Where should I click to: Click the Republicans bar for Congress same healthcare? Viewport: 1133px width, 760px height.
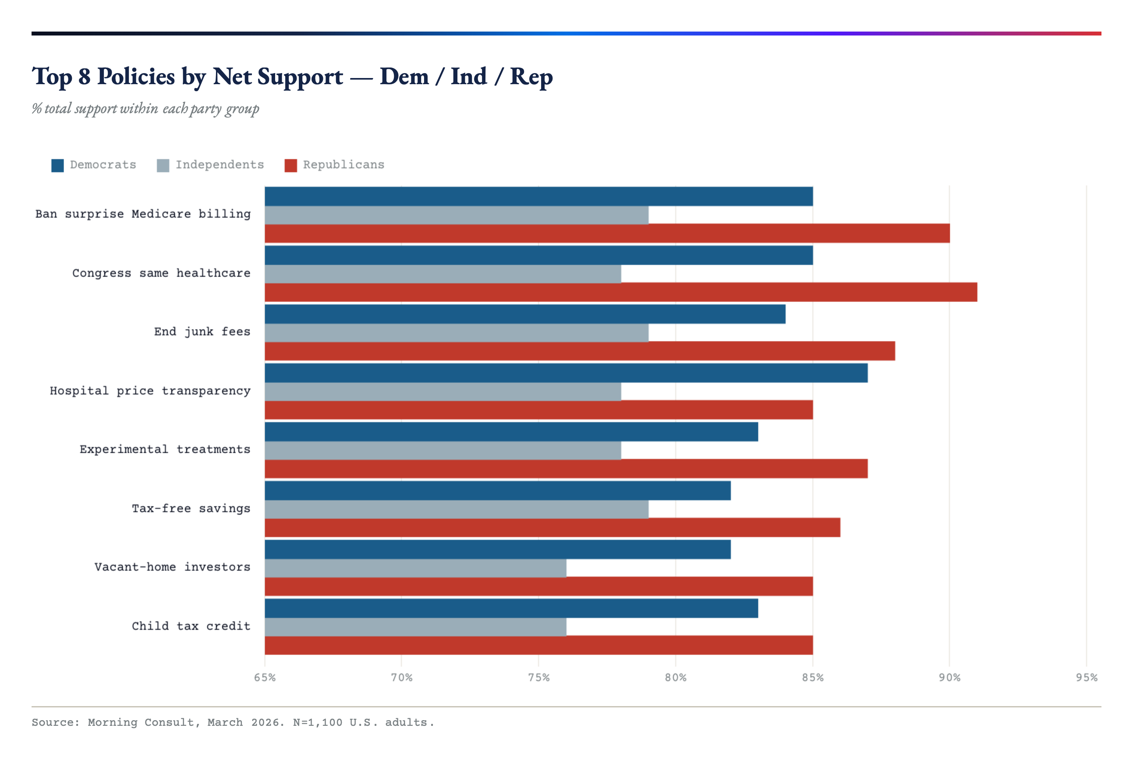620,292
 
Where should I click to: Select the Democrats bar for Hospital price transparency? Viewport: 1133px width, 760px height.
566,373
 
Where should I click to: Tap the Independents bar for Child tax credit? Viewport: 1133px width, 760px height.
415,627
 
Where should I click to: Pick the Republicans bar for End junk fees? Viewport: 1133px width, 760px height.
579,351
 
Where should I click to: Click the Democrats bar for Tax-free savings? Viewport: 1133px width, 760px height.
497,490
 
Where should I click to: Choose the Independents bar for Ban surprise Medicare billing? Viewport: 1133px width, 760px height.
456,215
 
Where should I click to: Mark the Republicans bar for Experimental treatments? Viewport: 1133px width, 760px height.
566,469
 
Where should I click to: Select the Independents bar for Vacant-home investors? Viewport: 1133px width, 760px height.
415,568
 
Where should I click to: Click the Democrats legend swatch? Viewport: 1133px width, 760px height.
58,165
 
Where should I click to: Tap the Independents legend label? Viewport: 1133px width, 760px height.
220,165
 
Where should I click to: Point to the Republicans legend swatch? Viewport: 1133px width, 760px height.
290,165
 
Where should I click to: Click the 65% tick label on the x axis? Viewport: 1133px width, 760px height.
265,678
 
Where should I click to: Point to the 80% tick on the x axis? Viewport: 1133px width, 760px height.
675,678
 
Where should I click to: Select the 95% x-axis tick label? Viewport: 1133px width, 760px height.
1086,678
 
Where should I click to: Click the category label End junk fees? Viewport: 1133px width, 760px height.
202,331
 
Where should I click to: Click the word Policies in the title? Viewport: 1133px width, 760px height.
136,77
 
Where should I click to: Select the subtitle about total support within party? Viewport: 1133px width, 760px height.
145,109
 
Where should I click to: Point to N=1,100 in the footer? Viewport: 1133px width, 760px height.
317,722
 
